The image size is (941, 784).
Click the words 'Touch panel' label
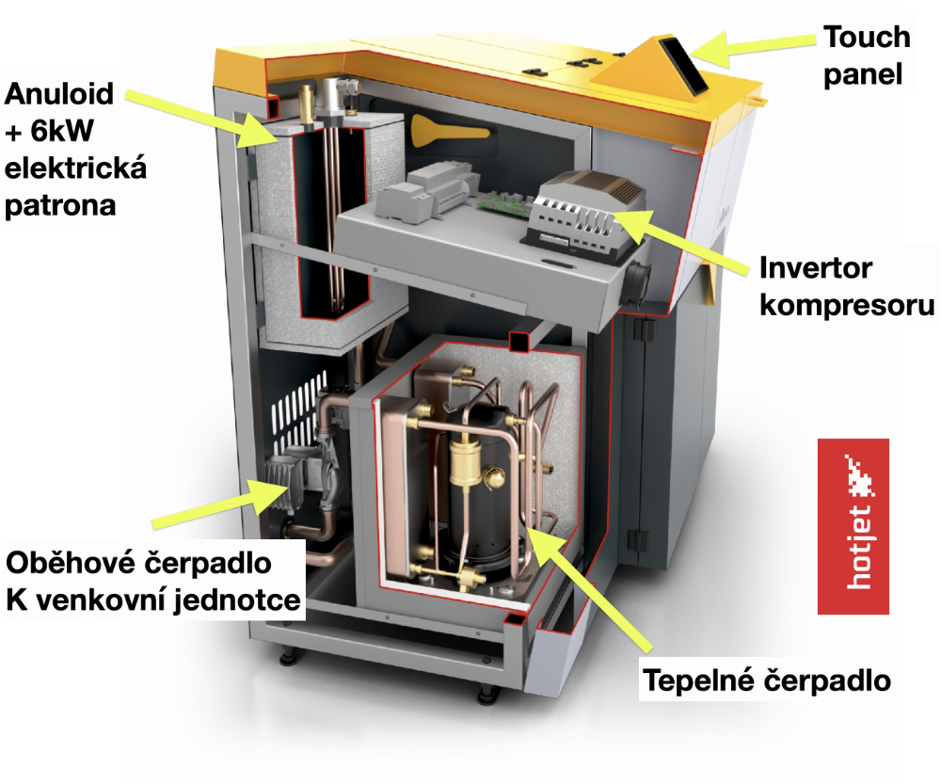pyautogui.click(x=866, y=56)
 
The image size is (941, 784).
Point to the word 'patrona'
pyautogui.click(x=61, y=204)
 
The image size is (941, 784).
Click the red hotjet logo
pyautogui.click(x=853, y=526)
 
